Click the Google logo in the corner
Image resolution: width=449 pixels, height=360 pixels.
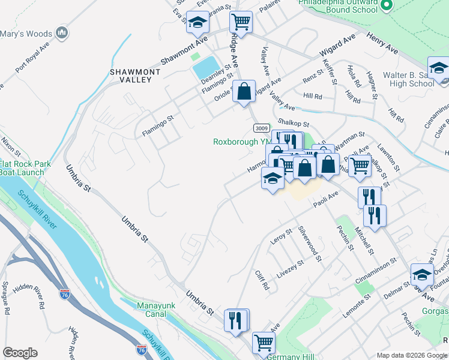pos(20,353)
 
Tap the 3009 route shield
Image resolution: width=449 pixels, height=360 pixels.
pos(261,128)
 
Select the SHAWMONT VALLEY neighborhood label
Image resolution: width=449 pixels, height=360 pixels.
pos(134,76)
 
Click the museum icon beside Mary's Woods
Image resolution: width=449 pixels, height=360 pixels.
pos(61,33)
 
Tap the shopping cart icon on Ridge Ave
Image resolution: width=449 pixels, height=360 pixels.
pos(241,22)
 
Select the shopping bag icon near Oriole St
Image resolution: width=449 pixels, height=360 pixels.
pos(244,92)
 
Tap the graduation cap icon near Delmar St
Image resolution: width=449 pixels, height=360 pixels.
pos(422,274)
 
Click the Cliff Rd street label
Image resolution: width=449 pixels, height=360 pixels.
pos(262,280)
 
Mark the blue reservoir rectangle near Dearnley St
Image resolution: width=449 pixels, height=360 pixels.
pos(206,68)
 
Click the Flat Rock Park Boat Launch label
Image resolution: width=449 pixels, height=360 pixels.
pos(22,168)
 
